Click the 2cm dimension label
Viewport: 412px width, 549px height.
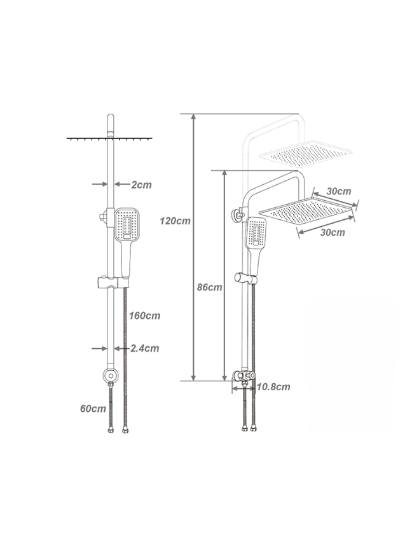click(x=142, y=185)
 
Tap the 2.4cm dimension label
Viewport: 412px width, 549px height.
click(x=145, y=348)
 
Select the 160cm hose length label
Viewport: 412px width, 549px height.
click(x=144, y=316)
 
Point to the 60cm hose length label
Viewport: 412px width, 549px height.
click(x=93, y=409)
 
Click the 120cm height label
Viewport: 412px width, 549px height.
click(x=175, y=221)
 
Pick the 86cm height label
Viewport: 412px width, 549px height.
click(x=210, y=287)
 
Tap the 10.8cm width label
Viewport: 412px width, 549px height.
click(x=273, y=387)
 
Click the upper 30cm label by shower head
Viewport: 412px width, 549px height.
click(x=339, y=191)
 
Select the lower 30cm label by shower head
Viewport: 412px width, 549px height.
click(x=333, y=232)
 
